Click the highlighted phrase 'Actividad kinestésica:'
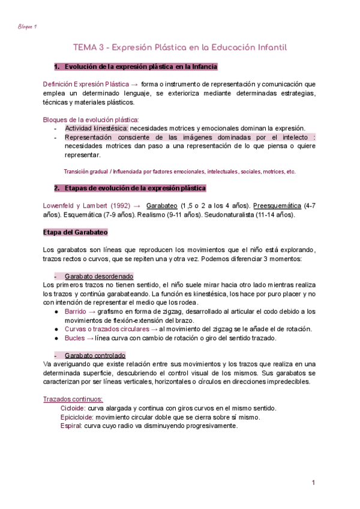point(96,128)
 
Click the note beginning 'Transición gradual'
point(179,171)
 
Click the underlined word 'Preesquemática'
point(277,206)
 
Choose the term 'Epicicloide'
point(77,417)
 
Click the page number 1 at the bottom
point(313,483)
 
